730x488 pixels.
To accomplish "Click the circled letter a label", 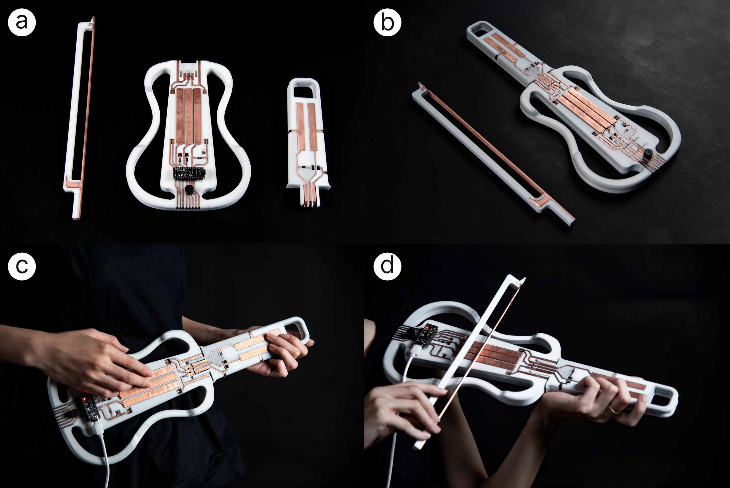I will (x=22, y=22).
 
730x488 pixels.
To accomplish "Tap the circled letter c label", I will (x=22, y=266).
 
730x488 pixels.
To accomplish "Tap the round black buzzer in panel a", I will (x=188, y=189).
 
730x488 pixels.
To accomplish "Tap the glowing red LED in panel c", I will (x=84, y=399).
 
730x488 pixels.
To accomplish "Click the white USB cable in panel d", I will (x=396, y=436).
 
